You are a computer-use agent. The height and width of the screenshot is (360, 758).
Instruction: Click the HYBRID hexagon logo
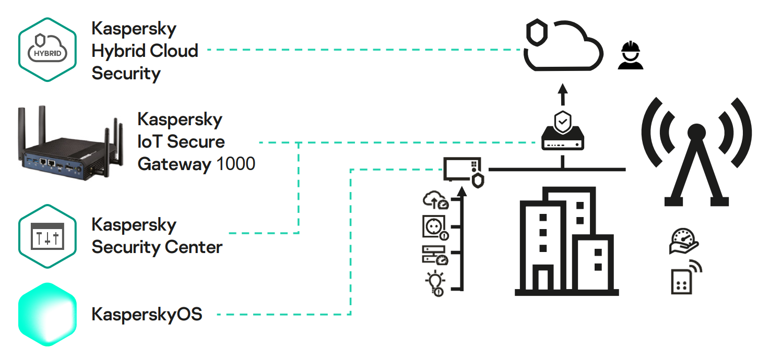coord(48,50)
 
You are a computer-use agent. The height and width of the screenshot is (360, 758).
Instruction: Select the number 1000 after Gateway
coord(235,164)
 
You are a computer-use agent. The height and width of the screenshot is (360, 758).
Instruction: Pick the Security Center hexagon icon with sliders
coord(48,236)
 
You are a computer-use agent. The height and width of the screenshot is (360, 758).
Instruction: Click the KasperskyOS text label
coord(147,315)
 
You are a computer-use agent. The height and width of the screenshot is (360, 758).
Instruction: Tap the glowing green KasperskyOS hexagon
coord(48,315)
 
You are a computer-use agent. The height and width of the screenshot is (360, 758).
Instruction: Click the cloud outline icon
coord(566,50)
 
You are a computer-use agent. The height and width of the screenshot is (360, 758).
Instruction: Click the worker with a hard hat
coord(630,56)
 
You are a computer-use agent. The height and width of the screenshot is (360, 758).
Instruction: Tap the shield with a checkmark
coord(562,121)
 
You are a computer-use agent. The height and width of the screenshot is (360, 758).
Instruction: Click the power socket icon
coord(435,227)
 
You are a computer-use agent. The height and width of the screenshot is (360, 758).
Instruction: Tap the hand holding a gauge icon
coord(683,242)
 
